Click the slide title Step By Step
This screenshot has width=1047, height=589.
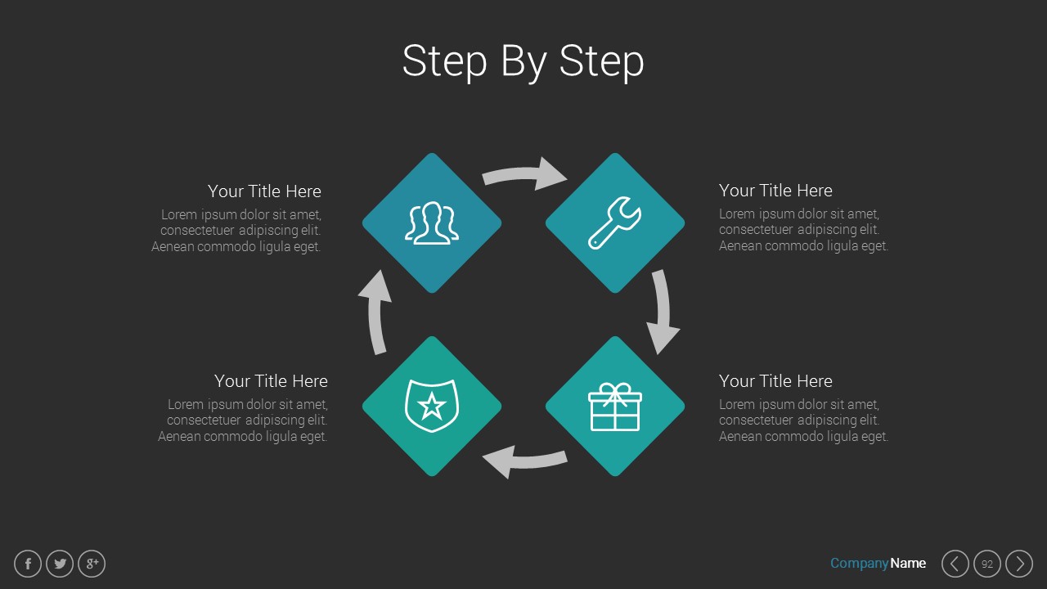coord(523,61)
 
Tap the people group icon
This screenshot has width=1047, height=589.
coord(432,223)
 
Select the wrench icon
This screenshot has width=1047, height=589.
coord(615,223)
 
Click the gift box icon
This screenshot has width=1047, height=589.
coord(615,407)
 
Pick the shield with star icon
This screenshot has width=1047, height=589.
coord(432,407)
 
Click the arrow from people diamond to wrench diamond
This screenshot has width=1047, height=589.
coord(524,174)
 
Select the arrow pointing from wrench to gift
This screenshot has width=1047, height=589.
coord(662,312)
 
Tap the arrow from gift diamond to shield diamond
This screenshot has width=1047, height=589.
coord(524,461)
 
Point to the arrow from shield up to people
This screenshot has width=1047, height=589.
coord(375,312)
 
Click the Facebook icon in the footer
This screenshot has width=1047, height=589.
coord(28,564)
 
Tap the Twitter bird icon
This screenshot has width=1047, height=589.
coord(60,564)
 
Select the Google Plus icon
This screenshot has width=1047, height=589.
coord(92,564)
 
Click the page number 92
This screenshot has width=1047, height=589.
coord(987,564)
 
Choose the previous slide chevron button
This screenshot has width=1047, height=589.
coord(955,564)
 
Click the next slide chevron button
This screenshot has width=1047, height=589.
coord(1019,564)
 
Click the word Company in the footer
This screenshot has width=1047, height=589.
coord(859,564)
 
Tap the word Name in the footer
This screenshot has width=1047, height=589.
coord(908,564)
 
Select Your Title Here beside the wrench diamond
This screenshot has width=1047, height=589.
coord(775,191)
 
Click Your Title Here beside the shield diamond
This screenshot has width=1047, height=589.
coord(271,381)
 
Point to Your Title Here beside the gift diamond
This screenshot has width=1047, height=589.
coord(775,381)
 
